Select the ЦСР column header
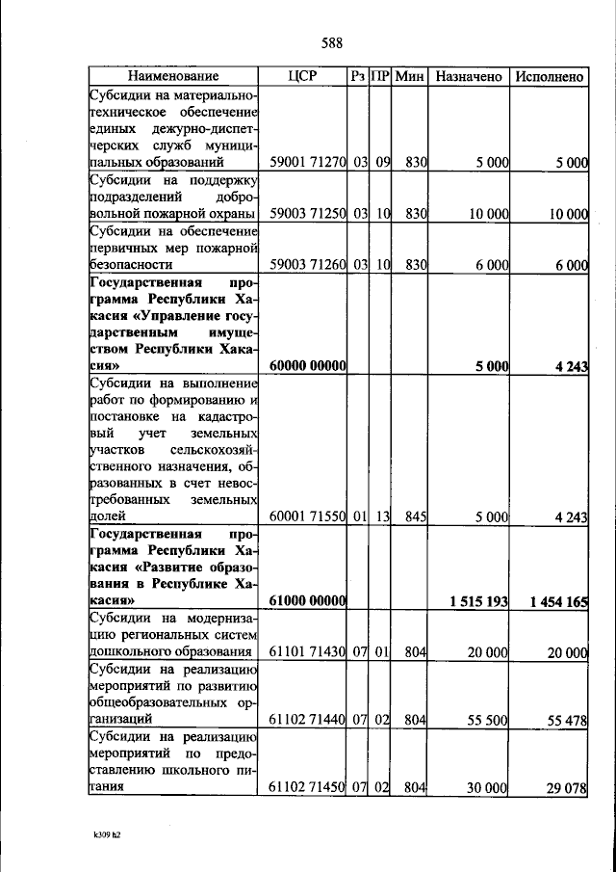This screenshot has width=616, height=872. point(302,76)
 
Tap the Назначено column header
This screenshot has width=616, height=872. point(468,76)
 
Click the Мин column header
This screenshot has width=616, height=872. point(410,76)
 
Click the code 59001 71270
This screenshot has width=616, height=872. point(308,163)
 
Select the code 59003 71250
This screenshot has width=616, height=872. point(308,213)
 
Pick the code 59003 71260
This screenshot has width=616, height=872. point(308,263)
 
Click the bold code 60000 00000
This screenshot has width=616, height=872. point(308,366)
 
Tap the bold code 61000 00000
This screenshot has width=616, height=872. point(308,601)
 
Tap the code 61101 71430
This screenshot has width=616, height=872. point(308,652)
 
